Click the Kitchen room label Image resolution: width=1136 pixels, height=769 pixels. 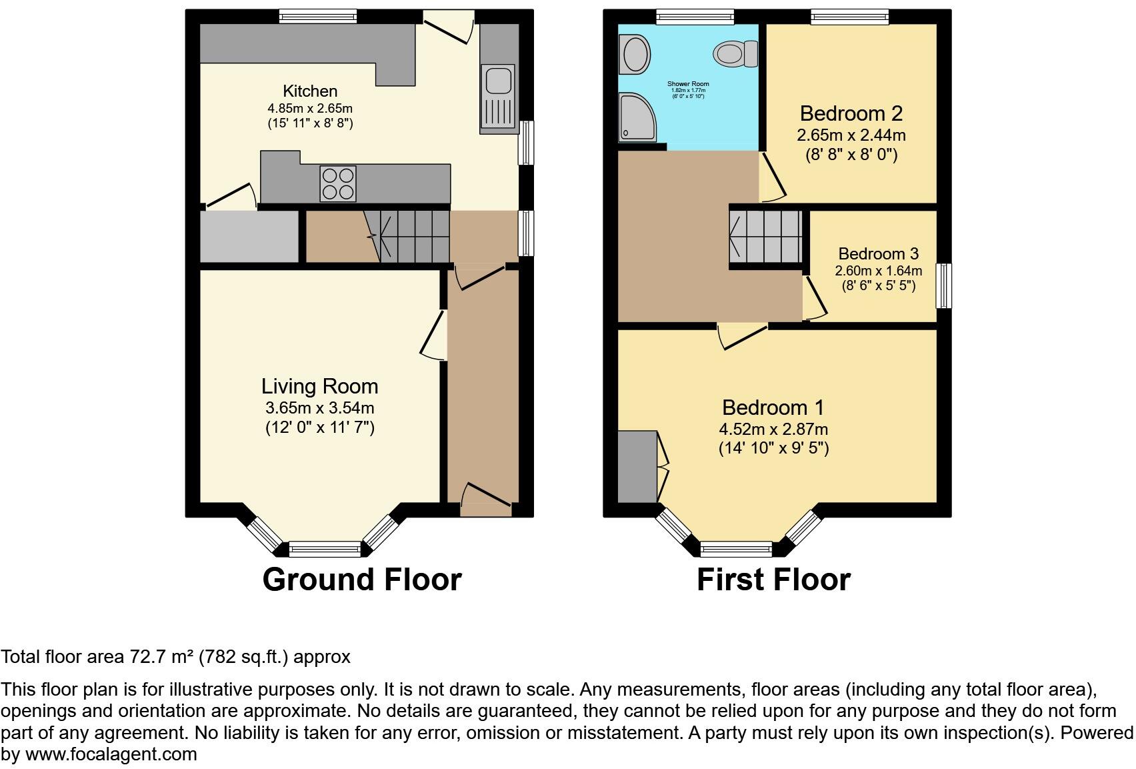pos(310,91)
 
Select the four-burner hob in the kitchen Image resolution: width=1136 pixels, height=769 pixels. pos(338,183)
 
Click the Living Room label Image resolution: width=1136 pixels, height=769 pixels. pos(319,386)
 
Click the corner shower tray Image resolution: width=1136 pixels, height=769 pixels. pos(637,118)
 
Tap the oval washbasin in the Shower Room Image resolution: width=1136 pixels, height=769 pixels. pos(635,53)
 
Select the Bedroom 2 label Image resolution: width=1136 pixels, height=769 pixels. pos(851,113)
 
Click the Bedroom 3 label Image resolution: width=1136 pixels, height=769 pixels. pos(878,253)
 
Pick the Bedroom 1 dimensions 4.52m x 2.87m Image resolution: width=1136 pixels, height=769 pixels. pos(773,430)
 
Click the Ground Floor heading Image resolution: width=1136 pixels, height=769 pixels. pos(362,580)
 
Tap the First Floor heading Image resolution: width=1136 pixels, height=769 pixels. pos(773,580)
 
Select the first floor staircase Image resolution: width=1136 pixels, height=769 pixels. pos(766,236)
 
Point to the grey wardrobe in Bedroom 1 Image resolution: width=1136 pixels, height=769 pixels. pos(637,466)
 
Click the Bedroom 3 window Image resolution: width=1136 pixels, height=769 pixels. pos(943,285)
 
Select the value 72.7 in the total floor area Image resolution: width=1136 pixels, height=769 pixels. pos(143,657)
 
